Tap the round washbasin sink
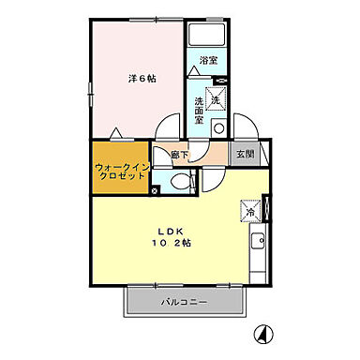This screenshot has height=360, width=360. click(218, 128)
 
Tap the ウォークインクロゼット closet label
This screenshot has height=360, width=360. click(118, 172)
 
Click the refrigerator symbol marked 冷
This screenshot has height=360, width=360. click(251, 211)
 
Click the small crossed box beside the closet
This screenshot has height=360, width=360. click(156, 191)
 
